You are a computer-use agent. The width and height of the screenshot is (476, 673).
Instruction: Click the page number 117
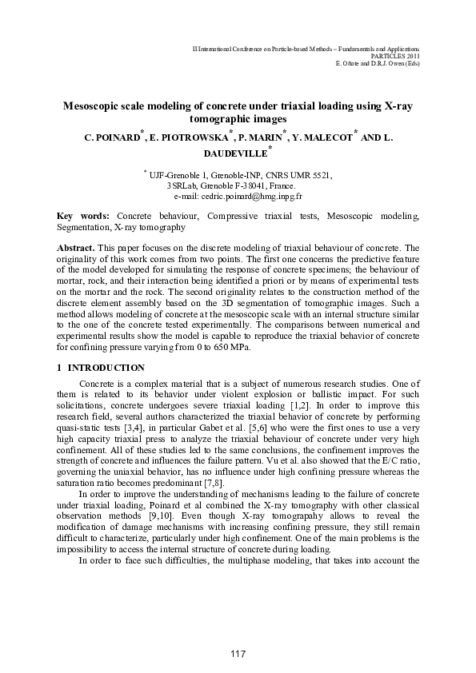point(238,655)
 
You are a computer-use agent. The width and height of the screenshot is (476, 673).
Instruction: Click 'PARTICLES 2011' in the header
point(397,57)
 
